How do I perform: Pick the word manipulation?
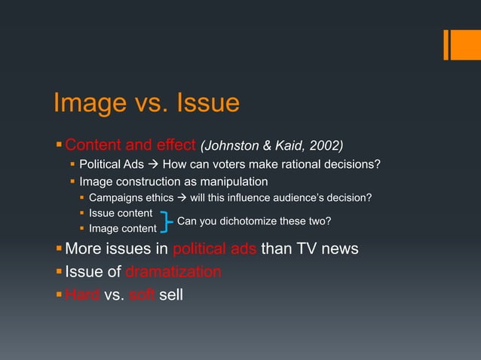tap(234, 182)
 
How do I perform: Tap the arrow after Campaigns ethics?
tap(179, 197)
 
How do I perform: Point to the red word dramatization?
tap(173, 271)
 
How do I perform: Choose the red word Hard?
tap(82, 293)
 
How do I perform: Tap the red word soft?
tap(142, 293)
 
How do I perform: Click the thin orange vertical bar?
tap(446, 44)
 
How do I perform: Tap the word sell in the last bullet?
tap(171, 293)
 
